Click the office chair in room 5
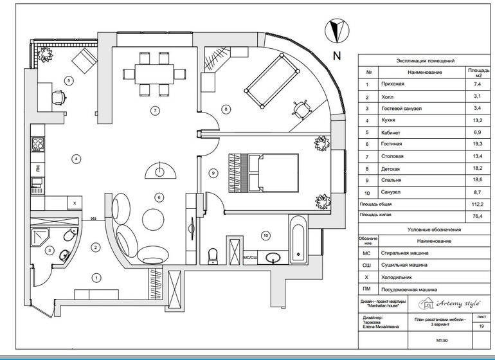click(59, 96)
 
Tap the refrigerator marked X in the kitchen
click(75, 203)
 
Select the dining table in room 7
click(155, 71)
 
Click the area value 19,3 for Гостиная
click(476, 143)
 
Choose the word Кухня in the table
click(388, 120)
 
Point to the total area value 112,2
click(476, 204)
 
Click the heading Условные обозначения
click(426, 229)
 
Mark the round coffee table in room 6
click(154, 217)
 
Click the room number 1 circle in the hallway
click(96, 278)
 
